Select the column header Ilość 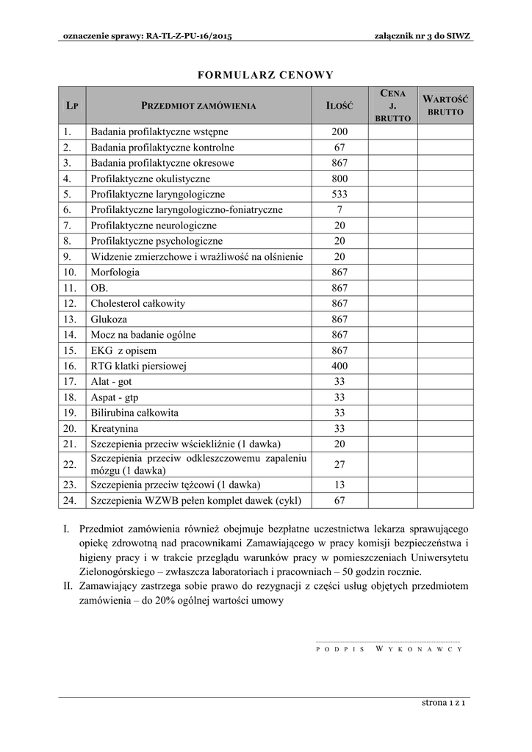[339, 106]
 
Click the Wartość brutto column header [445, 106]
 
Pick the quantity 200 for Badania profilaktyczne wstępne [339, 132]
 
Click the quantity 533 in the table [339, 195]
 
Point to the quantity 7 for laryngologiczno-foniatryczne [339, 210]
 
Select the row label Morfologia [115, 272]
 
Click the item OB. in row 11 [99, 288]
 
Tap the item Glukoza [109, 319]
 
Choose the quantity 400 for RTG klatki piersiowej [339, 366]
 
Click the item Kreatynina [115, 428]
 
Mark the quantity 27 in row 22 [339, 464]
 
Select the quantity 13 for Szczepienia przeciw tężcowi [339, 485]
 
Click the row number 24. [70, 501]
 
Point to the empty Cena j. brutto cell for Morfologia [392, 272]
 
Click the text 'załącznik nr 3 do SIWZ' [423, 36]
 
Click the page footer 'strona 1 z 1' [445, 703]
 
